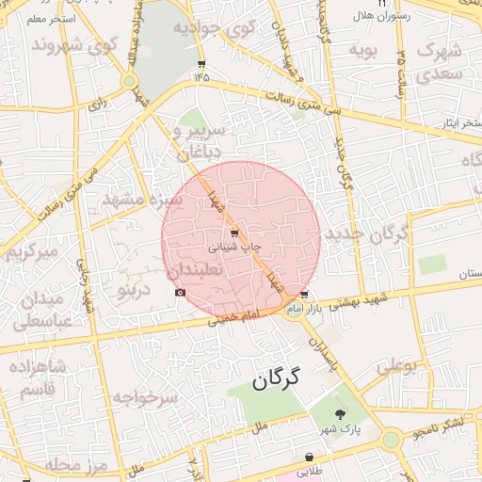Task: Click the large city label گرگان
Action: (x=275, y=379)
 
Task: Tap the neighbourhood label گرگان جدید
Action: (x=367, y=233)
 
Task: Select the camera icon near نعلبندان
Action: (x=180, y=293)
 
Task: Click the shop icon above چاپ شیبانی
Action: (x=233, y=232)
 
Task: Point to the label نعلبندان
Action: (x=194, y=270)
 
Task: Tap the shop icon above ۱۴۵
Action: (x=201, y=64)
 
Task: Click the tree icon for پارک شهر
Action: (x=340, y=413)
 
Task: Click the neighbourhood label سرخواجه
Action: (x=145, y=398)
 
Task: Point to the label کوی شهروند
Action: (x=75, y=45)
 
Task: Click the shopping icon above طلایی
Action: (x=309, y=457)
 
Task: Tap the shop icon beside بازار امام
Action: (x=302, y=295)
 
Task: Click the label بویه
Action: (x=363, y=48)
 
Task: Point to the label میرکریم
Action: (x=33, y=252)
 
